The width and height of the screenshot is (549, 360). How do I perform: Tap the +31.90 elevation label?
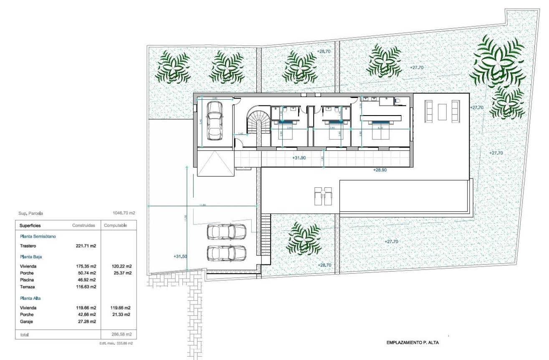pos(299,158)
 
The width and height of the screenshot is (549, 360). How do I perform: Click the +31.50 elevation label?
pos(181,256)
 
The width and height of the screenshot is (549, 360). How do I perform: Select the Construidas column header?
pos(84,225)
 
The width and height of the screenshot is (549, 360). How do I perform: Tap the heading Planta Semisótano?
pos(38,236)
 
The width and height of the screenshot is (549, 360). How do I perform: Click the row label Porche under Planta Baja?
pos(26,273)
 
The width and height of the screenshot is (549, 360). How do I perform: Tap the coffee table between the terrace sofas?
pos(442,111)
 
